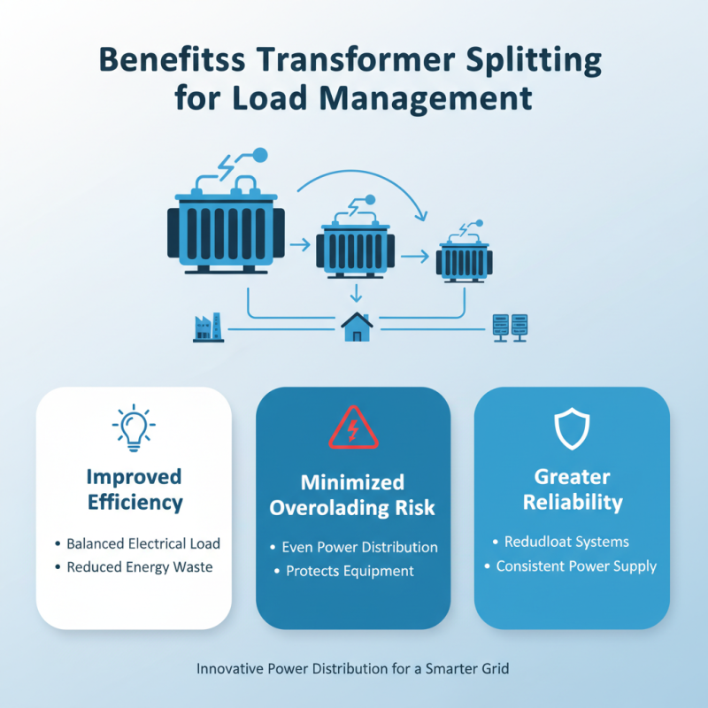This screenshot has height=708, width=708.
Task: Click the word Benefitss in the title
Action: tap(172, 59)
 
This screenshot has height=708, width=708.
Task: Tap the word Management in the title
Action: tap(426, 99)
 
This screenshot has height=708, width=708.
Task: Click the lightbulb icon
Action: tap(134, 427)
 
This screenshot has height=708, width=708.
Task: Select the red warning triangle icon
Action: tap(353, 427)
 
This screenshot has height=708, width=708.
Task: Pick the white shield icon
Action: tap(572, 428)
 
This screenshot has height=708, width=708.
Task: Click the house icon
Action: tap(357, 327)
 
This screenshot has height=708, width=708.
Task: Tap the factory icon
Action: tap(208, 327)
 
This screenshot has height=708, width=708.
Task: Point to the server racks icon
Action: tap(511, 327)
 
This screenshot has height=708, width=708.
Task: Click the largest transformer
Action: tap(226, 225)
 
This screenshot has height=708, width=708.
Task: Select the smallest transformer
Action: tap(464, 258)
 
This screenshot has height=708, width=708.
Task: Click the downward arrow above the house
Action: tap(357, 293)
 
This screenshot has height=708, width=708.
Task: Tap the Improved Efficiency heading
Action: tap(135, 489)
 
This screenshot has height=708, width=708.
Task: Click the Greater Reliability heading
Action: tap(573, 489)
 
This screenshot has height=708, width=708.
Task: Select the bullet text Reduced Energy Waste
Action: tap(140, 567)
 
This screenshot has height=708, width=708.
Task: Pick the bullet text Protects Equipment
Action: tap(350, 571)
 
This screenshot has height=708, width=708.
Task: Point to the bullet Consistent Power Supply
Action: tap(576, 566)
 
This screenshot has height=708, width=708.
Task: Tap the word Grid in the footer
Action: tap(495, 668)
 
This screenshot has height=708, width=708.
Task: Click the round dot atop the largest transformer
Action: tap(259, 156)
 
